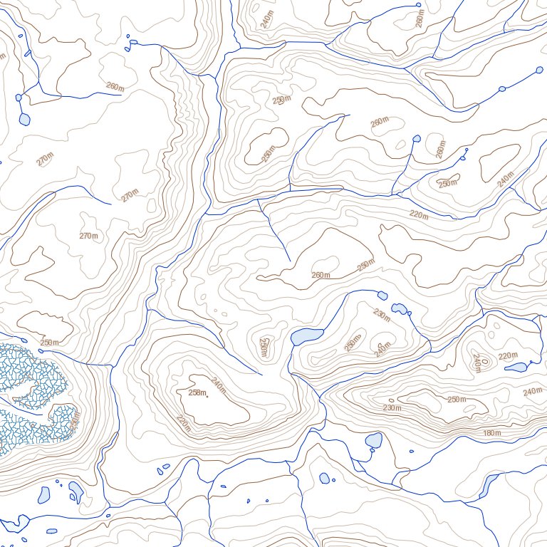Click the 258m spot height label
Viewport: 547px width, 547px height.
197,392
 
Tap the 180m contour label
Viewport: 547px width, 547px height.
491,434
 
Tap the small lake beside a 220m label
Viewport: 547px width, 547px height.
515,368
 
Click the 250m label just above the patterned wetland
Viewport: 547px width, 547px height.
49,343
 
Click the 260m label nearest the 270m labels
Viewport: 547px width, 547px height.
114,86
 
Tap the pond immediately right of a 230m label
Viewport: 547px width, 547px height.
400,309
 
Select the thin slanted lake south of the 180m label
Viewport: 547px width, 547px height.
489,486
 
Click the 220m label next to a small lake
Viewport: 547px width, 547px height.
507,355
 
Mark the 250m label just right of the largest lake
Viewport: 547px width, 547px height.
352,343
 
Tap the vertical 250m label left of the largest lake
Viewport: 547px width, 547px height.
264,347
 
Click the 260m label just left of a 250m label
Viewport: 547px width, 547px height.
321,275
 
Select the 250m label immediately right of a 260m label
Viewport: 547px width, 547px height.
365,266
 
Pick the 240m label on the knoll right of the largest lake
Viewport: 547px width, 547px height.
383,348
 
